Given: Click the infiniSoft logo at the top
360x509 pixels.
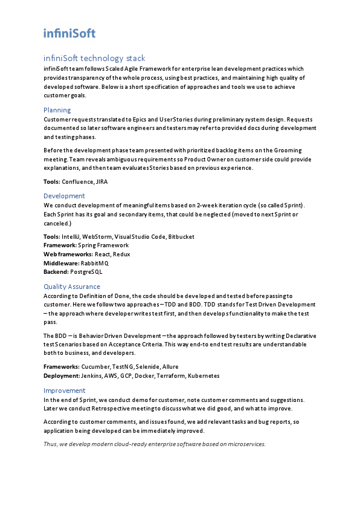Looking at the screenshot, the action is [x=69, y=33].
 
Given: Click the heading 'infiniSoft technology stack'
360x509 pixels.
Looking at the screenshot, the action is [x=94, y=59].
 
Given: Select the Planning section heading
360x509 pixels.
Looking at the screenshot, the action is [x=57, y=110].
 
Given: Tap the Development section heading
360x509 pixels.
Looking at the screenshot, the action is [x=64, y=196].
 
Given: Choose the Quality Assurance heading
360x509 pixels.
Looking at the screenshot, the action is [x=72, y=287].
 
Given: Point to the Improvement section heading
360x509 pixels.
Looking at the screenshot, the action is [x=65, y=391].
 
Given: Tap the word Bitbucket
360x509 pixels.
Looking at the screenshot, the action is [x=181, y=237].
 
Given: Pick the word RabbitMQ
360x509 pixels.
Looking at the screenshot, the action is [x=94, y=263].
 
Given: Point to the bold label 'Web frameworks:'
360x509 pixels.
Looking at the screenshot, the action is [x=68, y=254].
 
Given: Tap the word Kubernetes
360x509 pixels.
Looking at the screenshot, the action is [x=204, y=375].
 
